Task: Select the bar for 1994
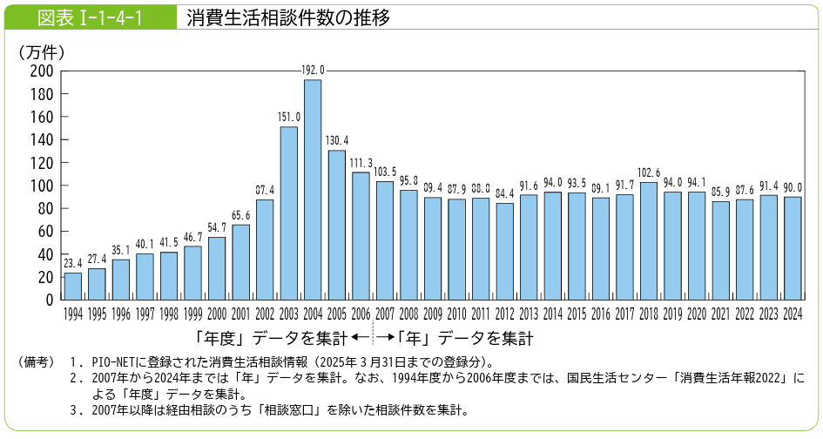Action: [x=73, y=287]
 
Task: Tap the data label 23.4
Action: [x=73, y=263]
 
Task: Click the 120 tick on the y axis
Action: [x=42, y=163]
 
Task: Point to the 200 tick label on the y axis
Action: [x=42, y=71]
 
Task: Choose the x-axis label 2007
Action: [x=385, y=314]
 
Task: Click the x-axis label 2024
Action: [x=793, y=314]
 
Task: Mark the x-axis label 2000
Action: [x=217, y=314]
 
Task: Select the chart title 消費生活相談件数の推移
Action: [x=287, y=17]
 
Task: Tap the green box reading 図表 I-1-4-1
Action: [x=91, y=17]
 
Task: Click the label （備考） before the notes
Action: [x=37, y=361]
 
